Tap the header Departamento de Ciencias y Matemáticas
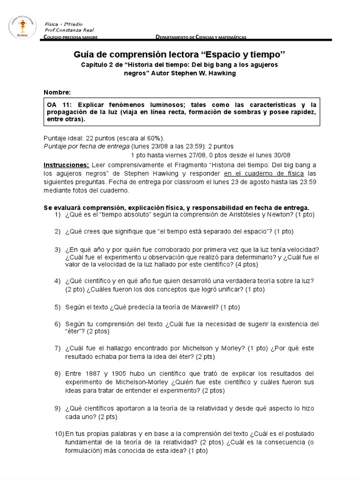(x=201, y=37)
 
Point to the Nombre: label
(x=57, y=92)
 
